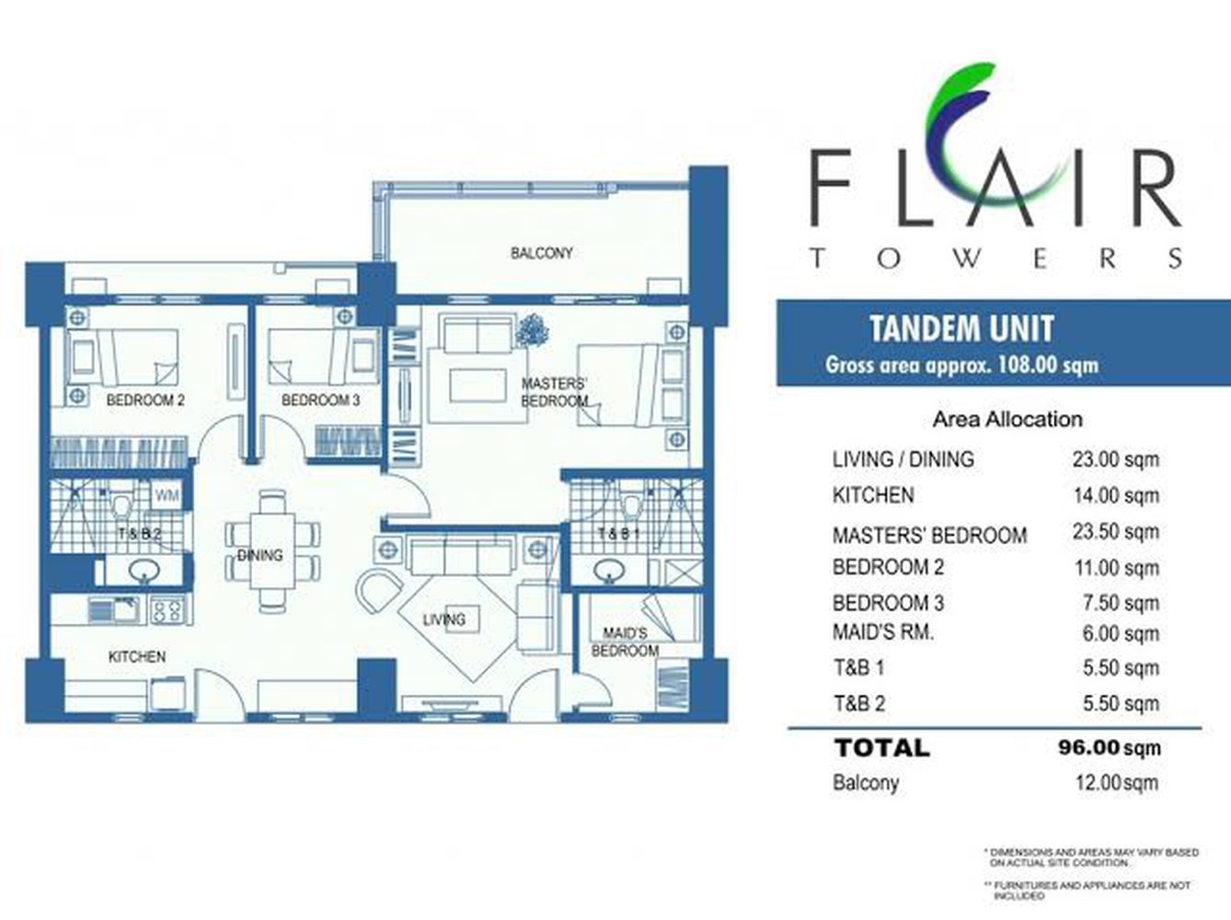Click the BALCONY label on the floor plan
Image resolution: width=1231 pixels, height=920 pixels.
[x=541, y=253]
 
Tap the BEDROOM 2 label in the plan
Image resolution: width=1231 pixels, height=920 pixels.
[x=145, y=400]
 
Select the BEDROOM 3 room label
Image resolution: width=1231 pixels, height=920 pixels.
[x=320, y=400]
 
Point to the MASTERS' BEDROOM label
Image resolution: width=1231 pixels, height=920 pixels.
[x=554, y=393]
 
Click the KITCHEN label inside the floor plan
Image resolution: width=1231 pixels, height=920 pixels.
[x=137, y=657]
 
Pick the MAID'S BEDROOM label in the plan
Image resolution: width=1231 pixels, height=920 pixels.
[x=625, y=642]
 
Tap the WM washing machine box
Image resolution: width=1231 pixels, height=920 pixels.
[x=167, y=496]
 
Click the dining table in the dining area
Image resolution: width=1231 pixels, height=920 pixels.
[x=275, y=552]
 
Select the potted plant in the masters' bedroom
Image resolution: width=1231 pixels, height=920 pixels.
[x=531, y=330]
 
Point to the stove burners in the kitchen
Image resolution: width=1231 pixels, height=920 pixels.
[x=167, y=609]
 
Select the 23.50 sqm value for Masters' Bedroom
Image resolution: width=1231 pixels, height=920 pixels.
[x=1115, y=532]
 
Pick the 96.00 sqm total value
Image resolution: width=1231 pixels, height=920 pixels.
[x=1110, y=747]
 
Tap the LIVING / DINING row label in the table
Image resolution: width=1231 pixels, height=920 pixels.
[x=903, y=459]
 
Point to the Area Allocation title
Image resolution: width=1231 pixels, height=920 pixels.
[x=1007, y=420]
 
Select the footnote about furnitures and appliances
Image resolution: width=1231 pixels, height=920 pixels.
[x=1090, y=890]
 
